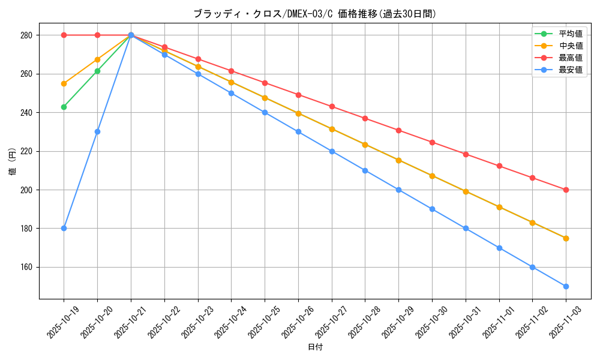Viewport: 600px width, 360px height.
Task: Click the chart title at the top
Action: pos(314,14)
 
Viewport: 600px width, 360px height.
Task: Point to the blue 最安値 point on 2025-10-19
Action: pos(64,228)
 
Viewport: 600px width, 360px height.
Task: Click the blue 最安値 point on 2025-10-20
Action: pos(97,131)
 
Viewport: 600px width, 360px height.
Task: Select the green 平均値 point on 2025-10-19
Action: pos(64,107)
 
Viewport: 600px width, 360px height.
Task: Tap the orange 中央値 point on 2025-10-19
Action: pos(64,83)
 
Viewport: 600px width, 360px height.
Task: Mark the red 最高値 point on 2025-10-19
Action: pos(64,35)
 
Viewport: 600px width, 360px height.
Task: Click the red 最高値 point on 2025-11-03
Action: pos(566,190)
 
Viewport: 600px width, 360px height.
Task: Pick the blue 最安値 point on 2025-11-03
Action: pos(566,286)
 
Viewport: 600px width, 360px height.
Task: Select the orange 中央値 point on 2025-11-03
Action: pos(566,238)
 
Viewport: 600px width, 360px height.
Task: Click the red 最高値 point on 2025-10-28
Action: pos(365,118)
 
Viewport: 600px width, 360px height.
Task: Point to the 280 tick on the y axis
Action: pos(26,35)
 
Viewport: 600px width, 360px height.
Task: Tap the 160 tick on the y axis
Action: pos(26,267)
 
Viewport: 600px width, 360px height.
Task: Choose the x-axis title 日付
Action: pos(315,347)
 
